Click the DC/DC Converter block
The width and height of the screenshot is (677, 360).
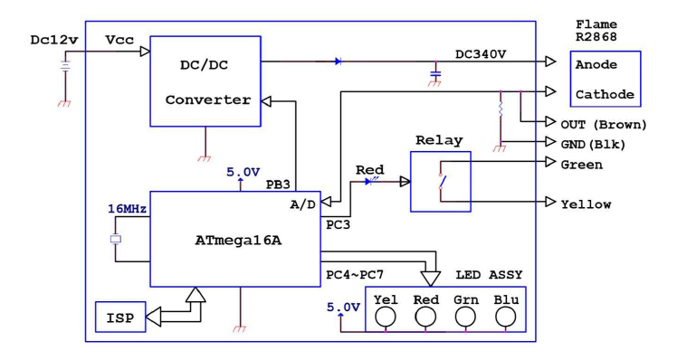[x=205, y=81]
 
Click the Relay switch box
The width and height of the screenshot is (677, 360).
[x=440, y=181]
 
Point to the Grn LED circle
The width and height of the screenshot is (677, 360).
[x=465, y=317]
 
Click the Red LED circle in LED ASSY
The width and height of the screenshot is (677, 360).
[x=425, y=317]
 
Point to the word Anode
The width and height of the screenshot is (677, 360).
[x=605, y=66]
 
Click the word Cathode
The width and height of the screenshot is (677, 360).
[x=605, y=94]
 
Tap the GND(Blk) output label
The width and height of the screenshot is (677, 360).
[x=598, y=142]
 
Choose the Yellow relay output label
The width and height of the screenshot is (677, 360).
[x=586, y=204]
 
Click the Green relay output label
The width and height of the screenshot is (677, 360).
[x=582, y=165]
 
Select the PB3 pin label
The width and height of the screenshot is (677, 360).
[x=278, y=184]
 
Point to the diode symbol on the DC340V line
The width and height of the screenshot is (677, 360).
[x=338, y=62]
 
